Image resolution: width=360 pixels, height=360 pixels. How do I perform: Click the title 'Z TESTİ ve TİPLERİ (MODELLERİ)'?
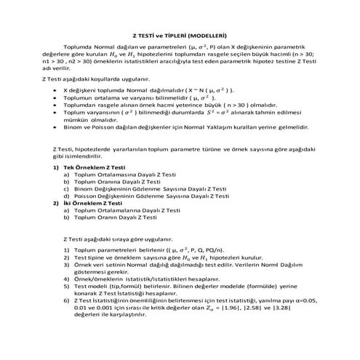point(180,34)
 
